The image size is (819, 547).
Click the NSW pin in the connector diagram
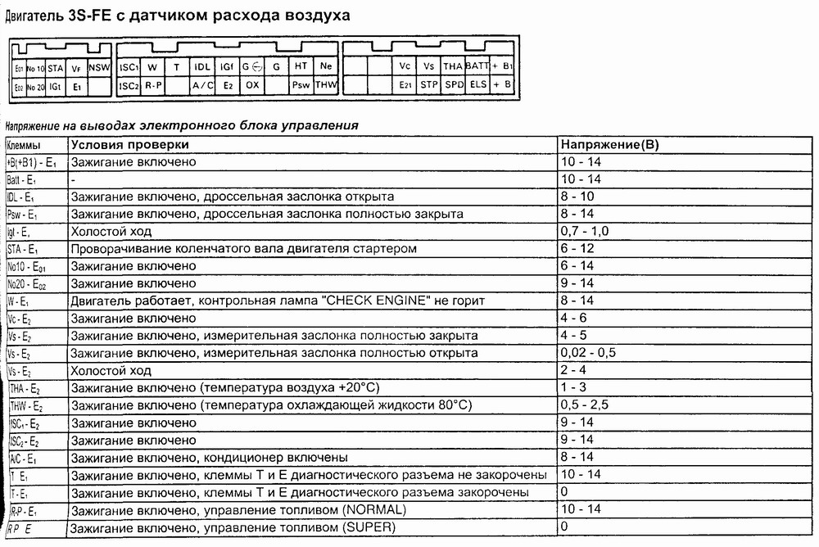98,66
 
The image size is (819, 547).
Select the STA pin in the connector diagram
55,66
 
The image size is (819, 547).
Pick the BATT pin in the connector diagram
477,66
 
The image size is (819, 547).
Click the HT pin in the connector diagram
301,66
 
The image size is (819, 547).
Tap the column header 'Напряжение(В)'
609,145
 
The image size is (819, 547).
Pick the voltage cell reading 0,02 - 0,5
588,353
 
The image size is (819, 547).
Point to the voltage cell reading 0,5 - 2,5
586,405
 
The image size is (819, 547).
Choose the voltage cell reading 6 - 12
577,249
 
